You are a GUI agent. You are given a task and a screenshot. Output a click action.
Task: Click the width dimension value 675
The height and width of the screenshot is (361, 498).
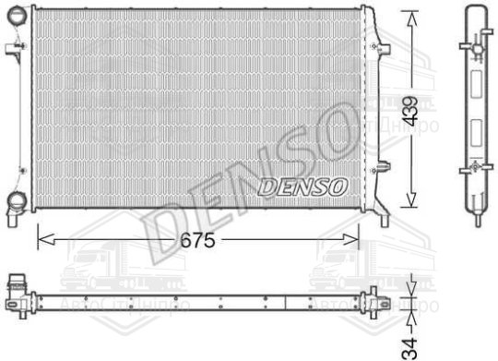(x=196, y=241)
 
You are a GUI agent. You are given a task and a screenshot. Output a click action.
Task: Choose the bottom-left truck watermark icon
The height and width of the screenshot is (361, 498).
(x=101, y=268)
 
